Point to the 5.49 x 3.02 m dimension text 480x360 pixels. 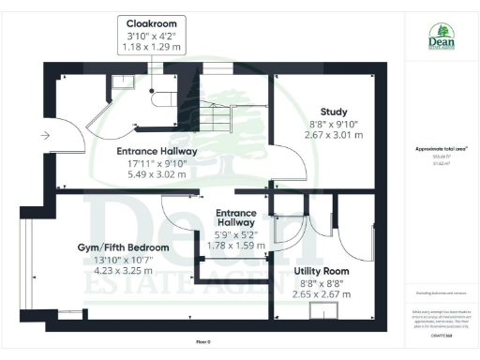(150, 175)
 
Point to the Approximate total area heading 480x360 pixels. (441, 148)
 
